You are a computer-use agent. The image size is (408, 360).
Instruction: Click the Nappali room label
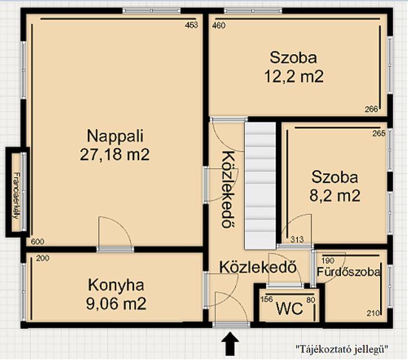(x=115, y=136)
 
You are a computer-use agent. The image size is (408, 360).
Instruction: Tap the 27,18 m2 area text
(x=115, y=154)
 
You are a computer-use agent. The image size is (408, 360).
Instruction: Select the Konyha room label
(x=116, y=285)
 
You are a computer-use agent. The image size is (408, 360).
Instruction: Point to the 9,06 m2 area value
(x=116, y=304)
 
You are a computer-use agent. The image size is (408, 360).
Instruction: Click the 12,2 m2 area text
(x=294, y=77)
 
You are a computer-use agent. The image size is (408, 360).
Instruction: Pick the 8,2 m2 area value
(x=335, y=196)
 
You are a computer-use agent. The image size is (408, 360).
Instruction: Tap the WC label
(x=290, y=309)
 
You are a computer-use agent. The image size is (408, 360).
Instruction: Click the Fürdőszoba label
(x=348, y=272)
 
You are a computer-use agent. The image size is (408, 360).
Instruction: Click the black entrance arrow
(x=230, y=343)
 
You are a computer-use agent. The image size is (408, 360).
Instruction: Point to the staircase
(x=260, y=186)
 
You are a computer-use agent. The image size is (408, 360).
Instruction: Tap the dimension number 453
(x=192, y=25)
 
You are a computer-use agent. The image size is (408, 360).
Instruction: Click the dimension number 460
(x=219, y=26)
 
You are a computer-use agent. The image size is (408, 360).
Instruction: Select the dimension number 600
(x=38, y=241)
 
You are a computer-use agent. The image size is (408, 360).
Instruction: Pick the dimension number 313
(x=297, y=239)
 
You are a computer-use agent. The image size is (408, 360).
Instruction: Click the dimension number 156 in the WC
(x=267, y=299)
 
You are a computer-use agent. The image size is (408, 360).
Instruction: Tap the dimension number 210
(x=373, y=313)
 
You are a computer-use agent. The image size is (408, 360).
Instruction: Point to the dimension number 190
(x=328, y=260)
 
